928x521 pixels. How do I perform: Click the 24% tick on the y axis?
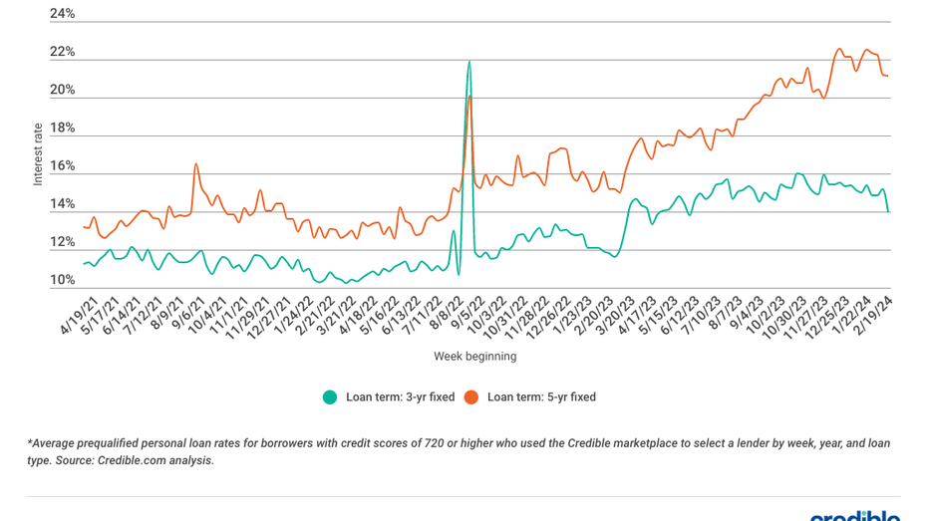pos(62,14)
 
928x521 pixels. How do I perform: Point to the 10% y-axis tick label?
pos(62,281)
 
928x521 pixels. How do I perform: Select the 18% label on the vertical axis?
pos(62,129)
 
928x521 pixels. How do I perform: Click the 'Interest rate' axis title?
pos(38,154)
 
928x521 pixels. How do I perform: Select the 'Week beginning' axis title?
pos(474,356)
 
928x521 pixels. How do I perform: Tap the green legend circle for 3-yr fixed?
pos(330,396)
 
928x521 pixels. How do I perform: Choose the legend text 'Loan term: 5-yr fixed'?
pos(541,396)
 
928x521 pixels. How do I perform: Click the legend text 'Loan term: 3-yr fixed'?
pos(400,396)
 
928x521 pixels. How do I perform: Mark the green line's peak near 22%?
pos(468,62)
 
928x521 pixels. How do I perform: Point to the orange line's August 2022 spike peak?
pos(469,97)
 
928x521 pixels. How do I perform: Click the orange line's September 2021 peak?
pos(196,164)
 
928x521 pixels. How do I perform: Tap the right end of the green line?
pos(888,210)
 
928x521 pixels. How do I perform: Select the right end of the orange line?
pos(888,77)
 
